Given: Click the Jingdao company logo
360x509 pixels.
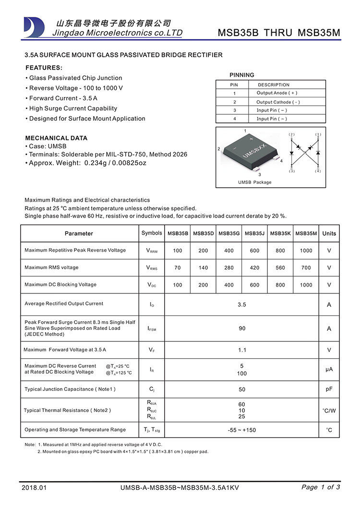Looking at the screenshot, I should [34, 27].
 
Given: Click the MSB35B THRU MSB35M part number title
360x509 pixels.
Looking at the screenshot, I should [279, 33].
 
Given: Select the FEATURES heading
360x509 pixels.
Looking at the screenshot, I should [44, 68].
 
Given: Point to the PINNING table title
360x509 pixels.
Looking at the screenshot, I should [242, 75].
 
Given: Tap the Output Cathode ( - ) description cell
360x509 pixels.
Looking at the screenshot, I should [278, 102].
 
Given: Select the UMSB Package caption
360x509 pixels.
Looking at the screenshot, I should [254, 182].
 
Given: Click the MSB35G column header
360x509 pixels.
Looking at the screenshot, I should [229, 233].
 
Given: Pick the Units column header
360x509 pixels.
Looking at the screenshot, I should [329, 233].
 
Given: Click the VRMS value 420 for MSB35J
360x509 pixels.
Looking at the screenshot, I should [254, 268].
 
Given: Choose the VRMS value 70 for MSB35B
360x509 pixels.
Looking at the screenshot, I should [178, 268].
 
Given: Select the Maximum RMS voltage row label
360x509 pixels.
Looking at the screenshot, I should [51, 267].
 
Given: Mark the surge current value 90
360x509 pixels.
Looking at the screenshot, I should [242, 328].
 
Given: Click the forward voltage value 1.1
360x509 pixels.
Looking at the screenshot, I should [242, 350].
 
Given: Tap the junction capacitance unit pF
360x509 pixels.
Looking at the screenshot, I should [329, 389].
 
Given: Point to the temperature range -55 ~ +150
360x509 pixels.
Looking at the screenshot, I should [242, 430].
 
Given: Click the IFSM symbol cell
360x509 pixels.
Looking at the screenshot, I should [152, 328].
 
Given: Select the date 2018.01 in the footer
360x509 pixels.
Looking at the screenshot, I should [35, 487].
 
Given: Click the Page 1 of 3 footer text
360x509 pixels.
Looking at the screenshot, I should [321, 487].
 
